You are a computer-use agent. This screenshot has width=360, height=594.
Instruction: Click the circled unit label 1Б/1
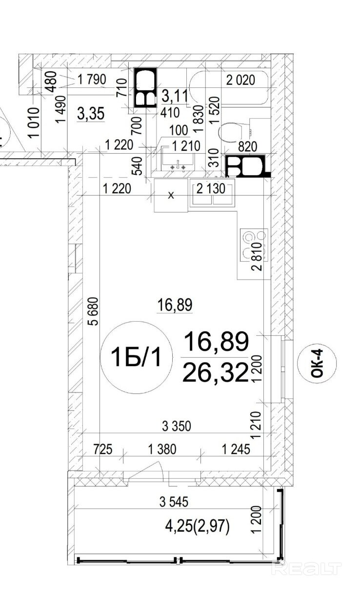point(136,357)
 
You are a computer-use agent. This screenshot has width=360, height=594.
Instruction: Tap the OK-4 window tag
point(317,363)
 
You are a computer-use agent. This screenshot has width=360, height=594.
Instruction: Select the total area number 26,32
point(216,373)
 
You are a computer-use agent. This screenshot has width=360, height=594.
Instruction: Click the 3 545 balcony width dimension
point(174,502)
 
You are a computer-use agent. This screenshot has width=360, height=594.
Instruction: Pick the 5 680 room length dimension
point(94,311)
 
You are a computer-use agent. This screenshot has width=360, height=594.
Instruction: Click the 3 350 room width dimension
point(176,426)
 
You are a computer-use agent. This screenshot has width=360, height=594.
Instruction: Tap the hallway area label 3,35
point(91,114)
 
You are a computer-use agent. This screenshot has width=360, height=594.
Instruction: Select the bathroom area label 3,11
point(175,96)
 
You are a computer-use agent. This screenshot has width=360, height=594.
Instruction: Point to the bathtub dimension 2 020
point(240,80)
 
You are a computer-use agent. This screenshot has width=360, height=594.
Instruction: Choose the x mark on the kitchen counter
point(171,196)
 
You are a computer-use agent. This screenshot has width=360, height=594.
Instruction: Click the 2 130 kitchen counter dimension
point(211,189)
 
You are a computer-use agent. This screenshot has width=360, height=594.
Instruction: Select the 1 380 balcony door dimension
point(162,449)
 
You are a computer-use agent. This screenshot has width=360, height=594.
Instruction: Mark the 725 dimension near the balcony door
point(103,449)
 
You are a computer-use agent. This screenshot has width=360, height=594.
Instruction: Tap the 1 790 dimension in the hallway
point(91,79)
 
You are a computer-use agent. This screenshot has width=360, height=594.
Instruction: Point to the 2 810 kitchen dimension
point(257,256)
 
